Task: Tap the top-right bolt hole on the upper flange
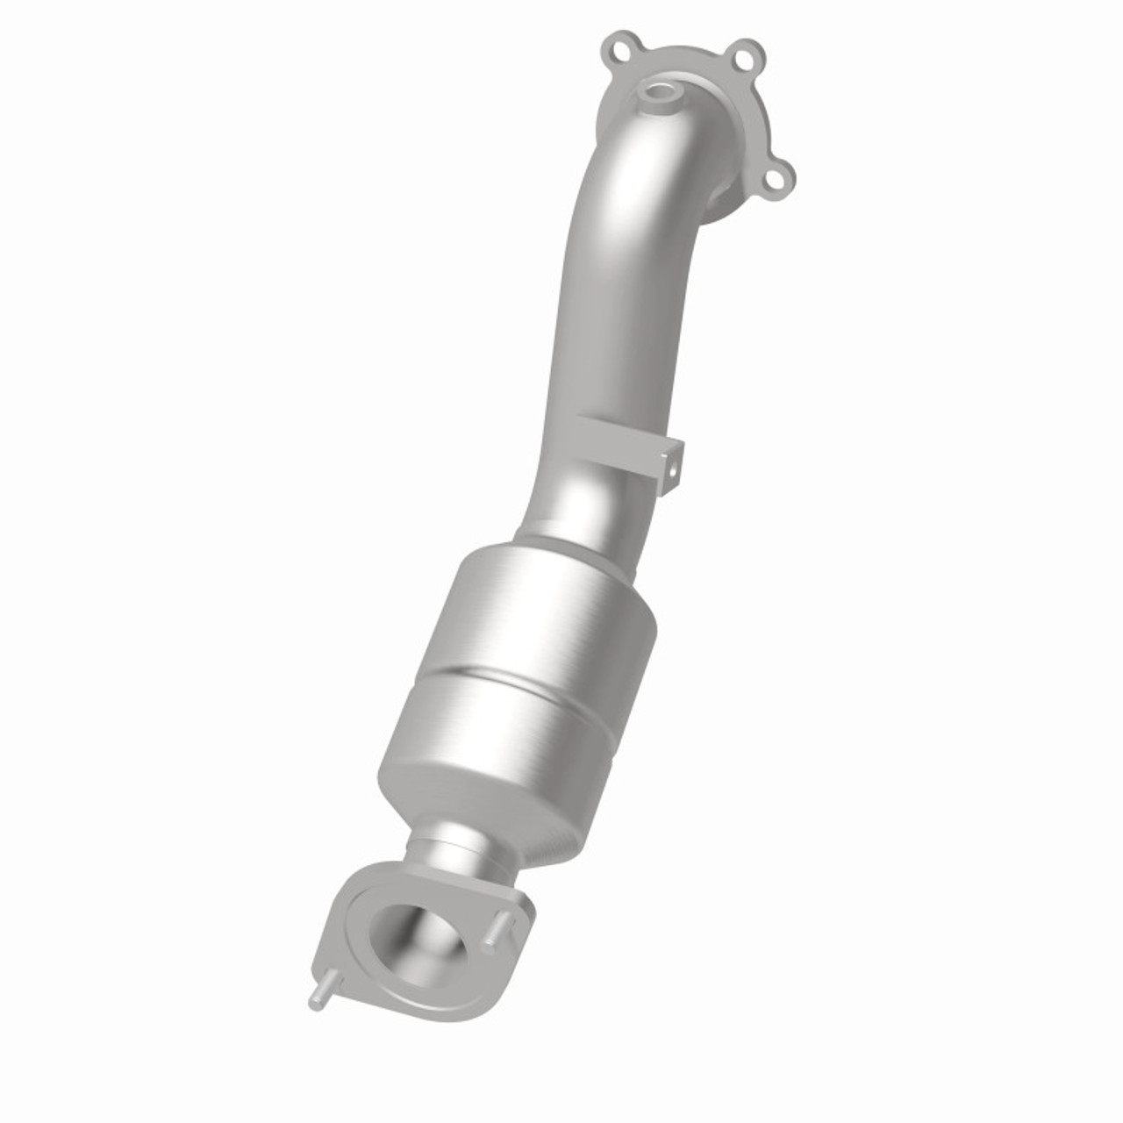[745, 60]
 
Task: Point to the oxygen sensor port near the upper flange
[660, 91]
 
